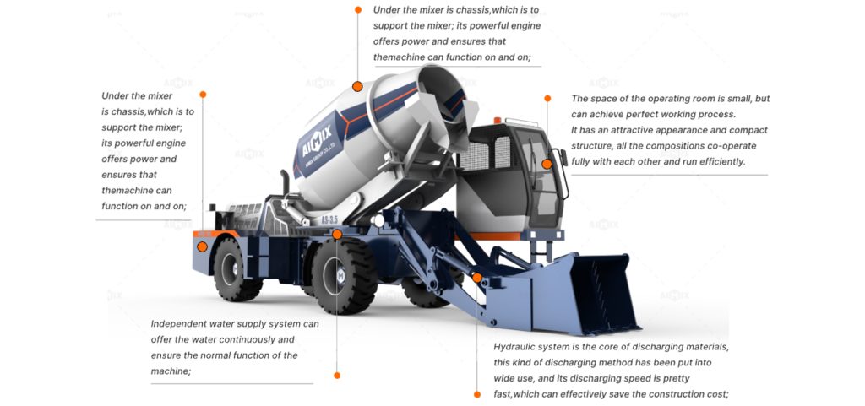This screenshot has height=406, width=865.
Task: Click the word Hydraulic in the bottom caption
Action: click(518, 347)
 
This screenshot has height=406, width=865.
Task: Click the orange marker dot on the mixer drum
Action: click(357, 86)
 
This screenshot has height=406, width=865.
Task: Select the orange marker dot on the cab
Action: click(547, 164)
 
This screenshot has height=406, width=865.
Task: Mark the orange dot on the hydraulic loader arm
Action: click(476, 277)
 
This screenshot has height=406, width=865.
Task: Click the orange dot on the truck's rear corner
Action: click(203, 246)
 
